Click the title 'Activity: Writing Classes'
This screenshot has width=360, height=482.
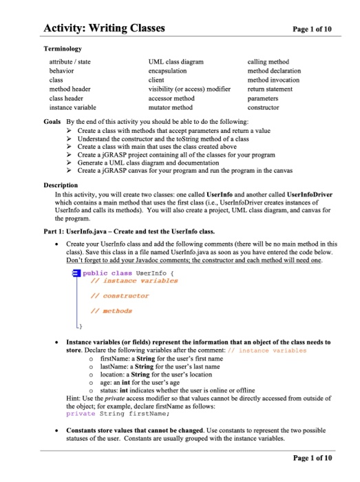pos(104,28)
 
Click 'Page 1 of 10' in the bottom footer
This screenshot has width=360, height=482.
pos(313,457)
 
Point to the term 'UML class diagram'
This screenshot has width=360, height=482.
pos(176,62)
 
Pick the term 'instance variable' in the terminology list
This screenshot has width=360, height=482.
pos(73,108)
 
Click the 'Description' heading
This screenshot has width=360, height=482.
pos(60,185)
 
